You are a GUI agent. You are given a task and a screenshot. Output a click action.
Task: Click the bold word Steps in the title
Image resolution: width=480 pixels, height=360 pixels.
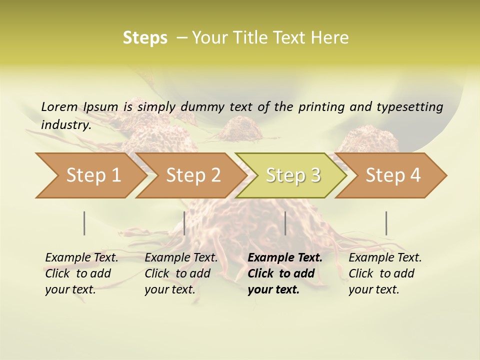pyautogui.click(x=145, y=37)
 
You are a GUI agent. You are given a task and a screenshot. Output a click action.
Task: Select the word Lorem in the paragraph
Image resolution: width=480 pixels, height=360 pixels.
pyautogui.click(x=59, y=106)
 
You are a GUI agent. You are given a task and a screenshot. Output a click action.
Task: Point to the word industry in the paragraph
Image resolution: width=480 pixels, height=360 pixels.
pyautogui.click(x=66, y=124)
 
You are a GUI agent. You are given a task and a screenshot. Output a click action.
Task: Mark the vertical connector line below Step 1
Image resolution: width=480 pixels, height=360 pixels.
pyautogui.click(x=84, y=223)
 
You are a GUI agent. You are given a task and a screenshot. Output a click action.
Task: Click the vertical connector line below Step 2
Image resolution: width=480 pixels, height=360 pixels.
pyautogui.click(x=184, y=223)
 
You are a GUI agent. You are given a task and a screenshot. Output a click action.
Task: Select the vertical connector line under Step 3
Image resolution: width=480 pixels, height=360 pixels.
pyautogui.click(x=285, y=223)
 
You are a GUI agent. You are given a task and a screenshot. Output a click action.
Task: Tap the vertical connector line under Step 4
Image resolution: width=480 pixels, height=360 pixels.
pyautogui.click(x=386, y=223)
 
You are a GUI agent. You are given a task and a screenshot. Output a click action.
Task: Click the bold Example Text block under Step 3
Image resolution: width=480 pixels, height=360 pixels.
pyautogui.click(x=284, y=273)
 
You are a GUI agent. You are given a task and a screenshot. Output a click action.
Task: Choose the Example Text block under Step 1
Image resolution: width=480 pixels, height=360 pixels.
pyautogui.click(x=81, y=273)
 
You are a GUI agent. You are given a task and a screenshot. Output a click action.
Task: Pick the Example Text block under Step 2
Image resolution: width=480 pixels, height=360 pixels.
pyautogui.click(x=181, y=273)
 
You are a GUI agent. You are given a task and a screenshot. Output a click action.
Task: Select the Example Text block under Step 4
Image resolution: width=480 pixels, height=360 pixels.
pyautogui.click(x=385, y=273)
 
